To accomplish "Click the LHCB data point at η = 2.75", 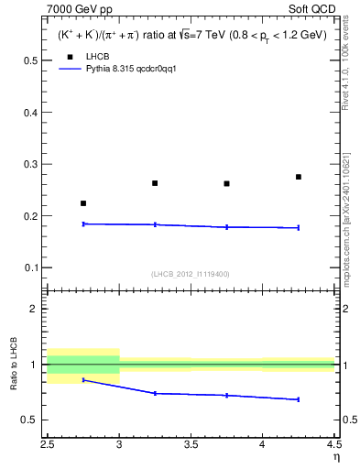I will [83, 203].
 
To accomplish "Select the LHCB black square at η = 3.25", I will [155, 183].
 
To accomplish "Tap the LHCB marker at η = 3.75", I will [227, 184].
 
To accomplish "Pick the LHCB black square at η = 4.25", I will [299, 177].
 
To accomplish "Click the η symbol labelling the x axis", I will [335, 456].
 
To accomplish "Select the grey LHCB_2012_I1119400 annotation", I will [191, 274].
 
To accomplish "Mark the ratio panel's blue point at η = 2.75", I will [83, 379].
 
